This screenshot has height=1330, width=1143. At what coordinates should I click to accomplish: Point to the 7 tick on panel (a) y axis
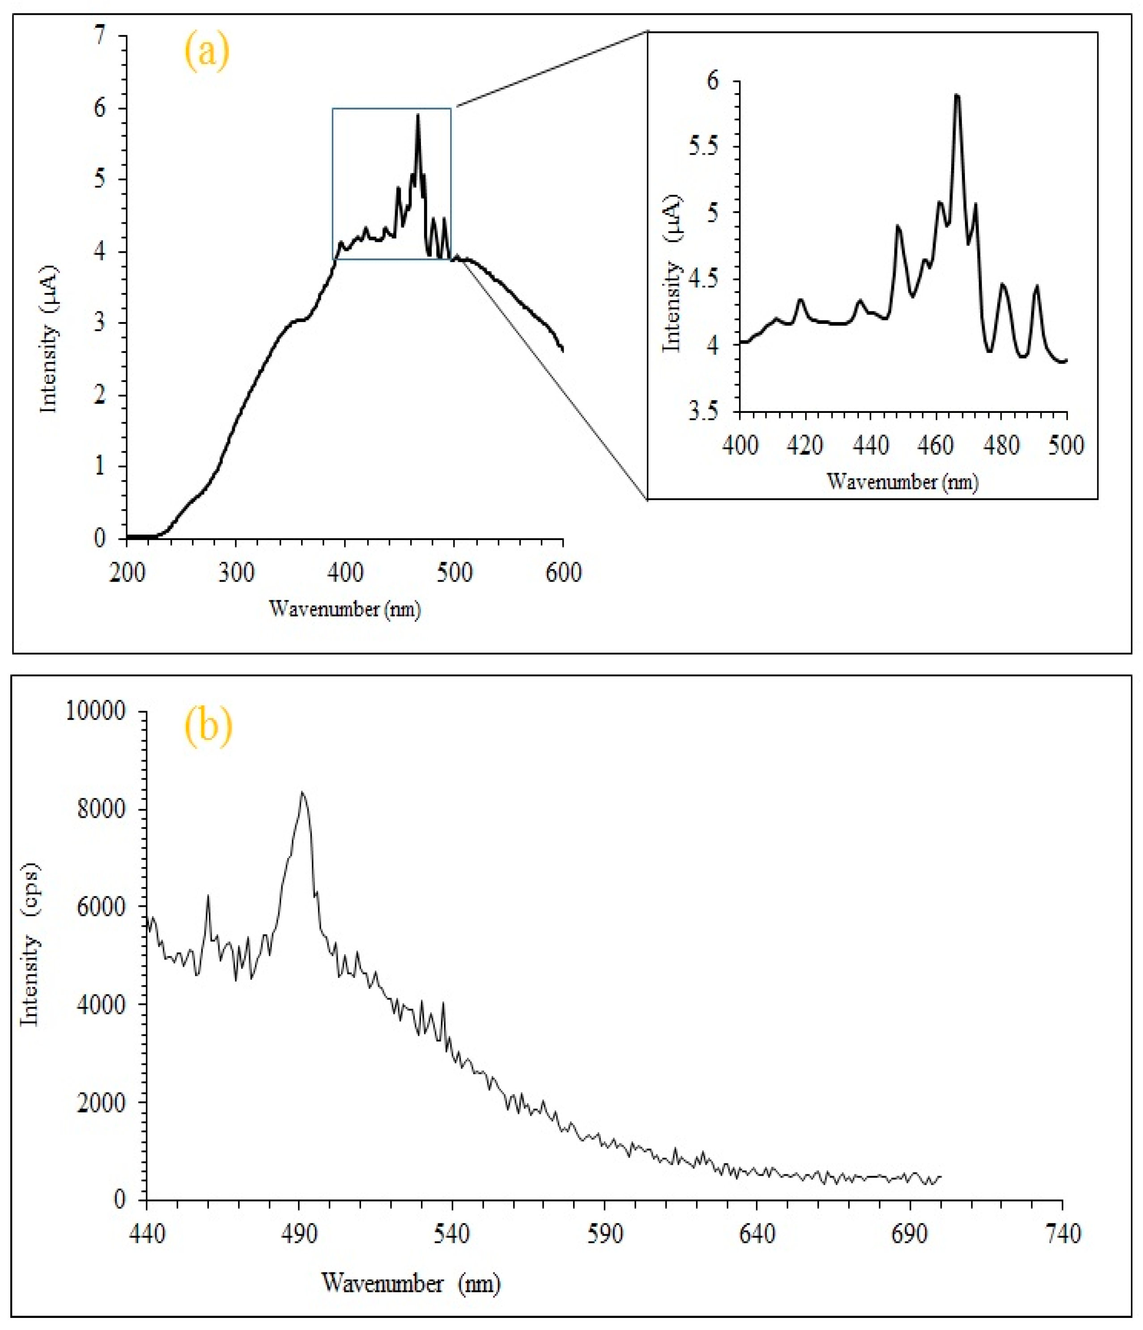pyautogui.click(x=99, y=37)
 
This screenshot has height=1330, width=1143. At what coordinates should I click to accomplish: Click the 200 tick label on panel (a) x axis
pyautogui.click(x=127, y=572)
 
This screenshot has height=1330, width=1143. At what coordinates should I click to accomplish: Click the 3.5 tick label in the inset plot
pyautogui.click(x=705, y=411)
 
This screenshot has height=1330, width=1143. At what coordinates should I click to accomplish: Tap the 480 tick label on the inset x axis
pyautogui.click(x=1001, y=445)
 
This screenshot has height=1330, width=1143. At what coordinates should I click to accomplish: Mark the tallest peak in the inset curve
pyautogui.click(x=957, y=96)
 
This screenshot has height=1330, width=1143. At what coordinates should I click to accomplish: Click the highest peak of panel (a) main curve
pyautogui.click(x=418, y=115)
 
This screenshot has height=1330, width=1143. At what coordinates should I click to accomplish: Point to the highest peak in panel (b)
pyautogui.click(x=302, y=793)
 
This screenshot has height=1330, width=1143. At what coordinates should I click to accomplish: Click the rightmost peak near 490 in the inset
pyautogui.click(x=1036, y=286)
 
